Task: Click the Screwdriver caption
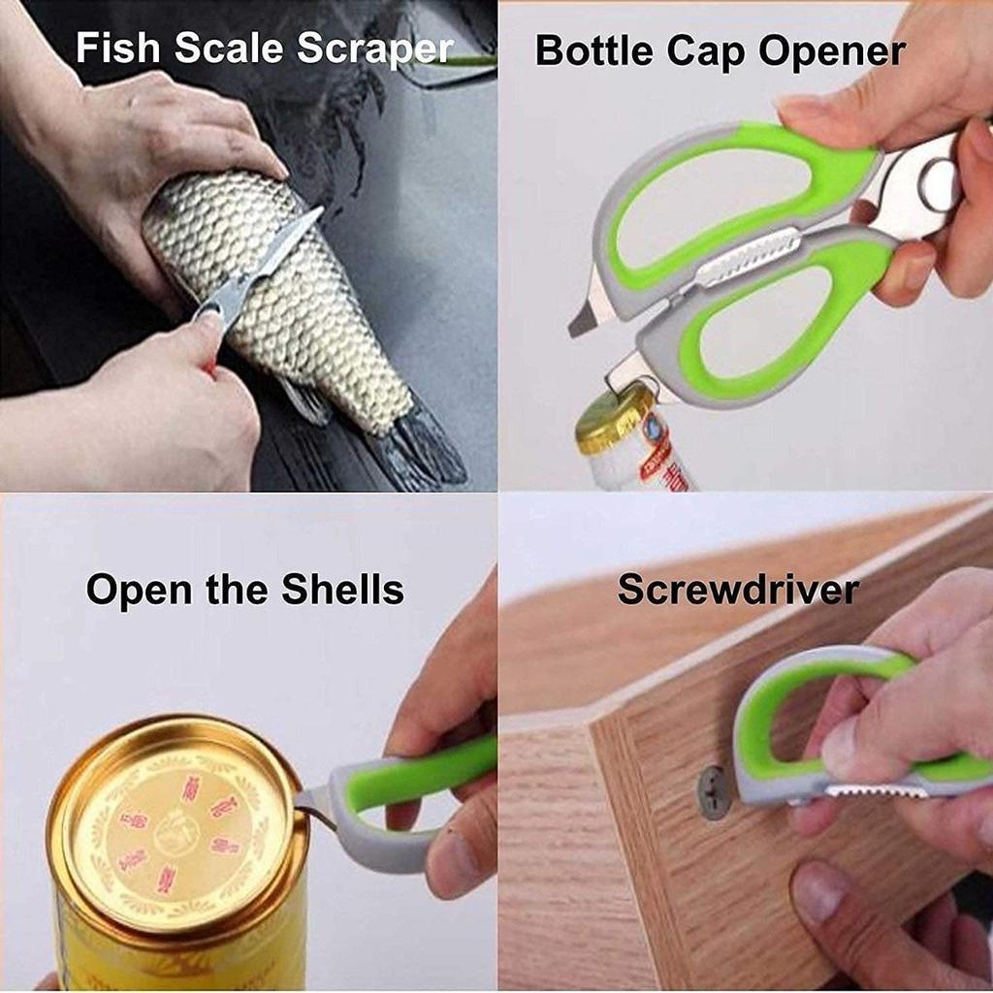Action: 738,590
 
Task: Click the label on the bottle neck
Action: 645,456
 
